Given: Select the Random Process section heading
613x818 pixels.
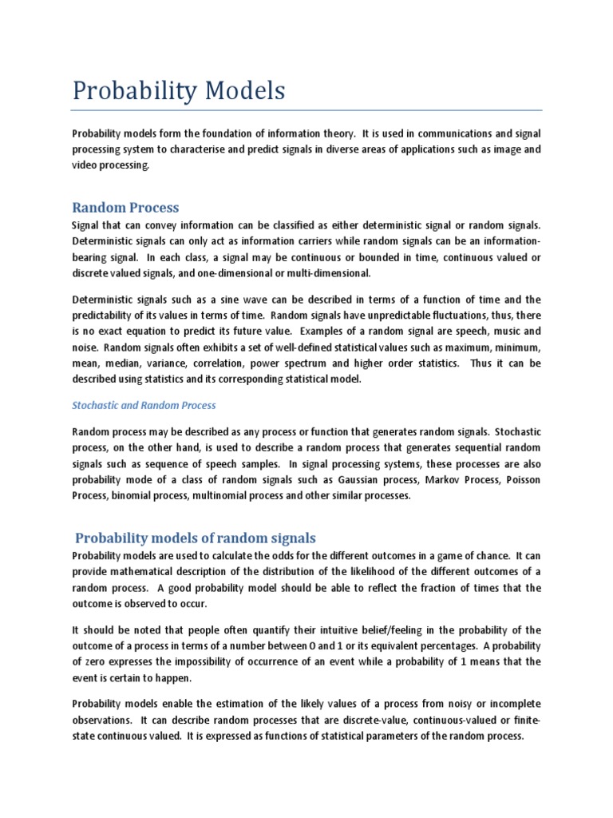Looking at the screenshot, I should [x=125, y=208].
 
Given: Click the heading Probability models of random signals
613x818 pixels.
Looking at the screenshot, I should [x=196, y=538].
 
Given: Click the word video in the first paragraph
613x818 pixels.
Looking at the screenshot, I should [x=85, y=165].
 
